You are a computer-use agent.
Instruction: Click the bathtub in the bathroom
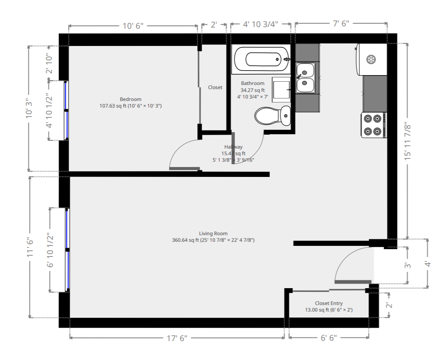(x=261, y=59)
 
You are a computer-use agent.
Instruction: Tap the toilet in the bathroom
(x=272, y=116)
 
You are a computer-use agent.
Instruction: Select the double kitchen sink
(x=306, y=78)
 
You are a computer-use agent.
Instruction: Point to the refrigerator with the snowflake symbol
(x=371, y=60)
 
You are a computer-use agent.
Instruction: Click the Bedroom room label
(x=130, y=99)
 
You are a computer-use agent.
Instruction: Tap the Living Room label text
(x=213, y=234)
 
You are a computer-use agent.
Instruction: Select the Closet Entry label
(x=329, y=303)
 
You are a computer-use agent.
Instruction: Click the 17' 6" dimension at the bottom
(x=177, y=338)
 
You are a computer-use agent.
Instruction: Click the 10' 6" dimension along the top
(x=133, y=26)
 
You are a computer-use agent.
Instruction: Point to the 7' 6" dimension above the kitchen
(x=340, y=24)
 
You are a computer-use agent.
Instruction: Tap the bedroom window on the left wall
(x=66, y=110)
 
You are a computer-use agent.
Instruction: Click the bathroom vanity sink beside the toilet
(x=281, y=89)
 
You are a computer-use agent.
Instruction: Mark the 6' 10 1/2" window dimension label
(x=50, y=250)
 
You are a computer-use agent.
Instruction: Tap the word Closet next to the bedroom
(x=215, y=87)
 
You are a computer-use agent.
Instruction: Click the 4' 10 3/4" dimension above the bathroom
(x=261, y=24)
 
